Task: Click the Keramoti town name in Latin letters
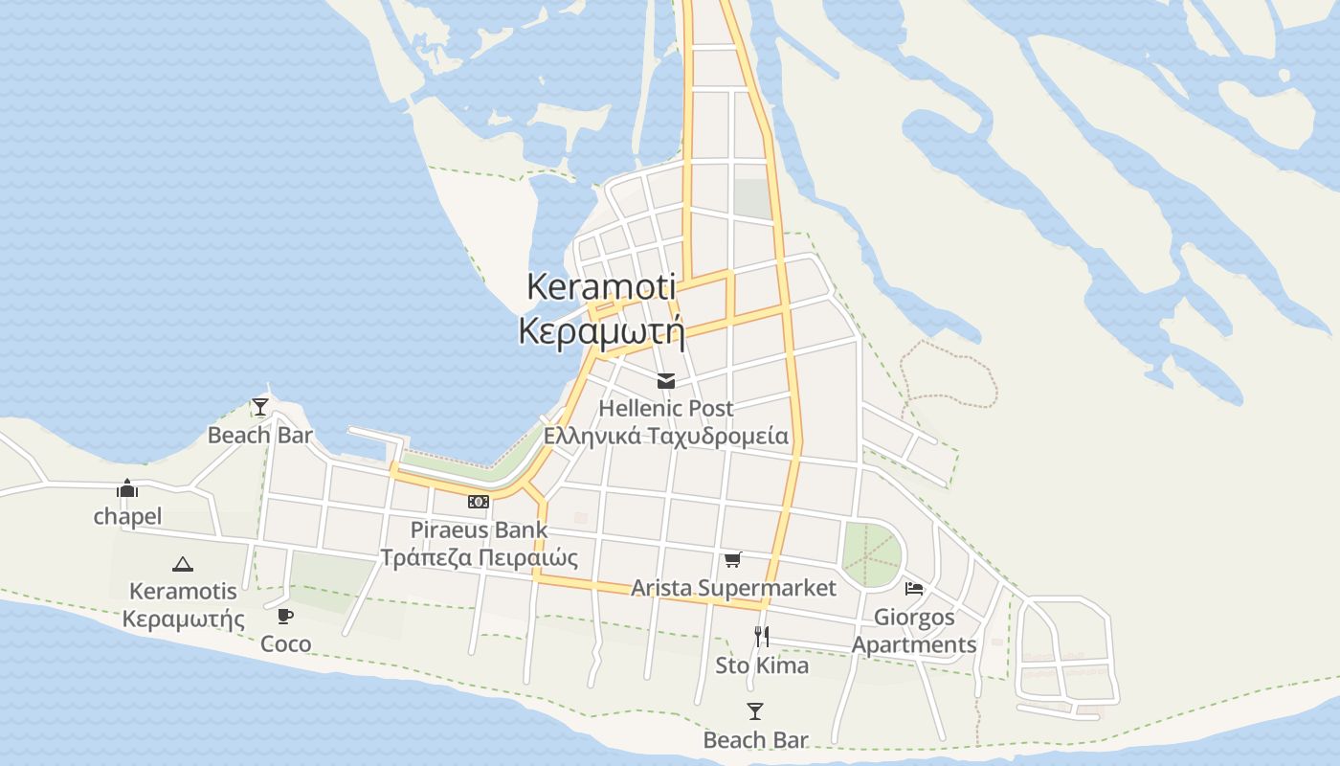(601, 286)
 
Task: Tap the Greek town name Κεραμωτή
(601, 330)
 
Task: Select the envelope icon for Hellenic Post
(666, 381)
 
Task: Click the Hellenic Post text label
(666, 408)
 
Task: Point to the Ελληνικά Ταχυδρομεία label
(666, 437)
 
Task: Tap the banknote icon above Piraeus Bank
(479, 502)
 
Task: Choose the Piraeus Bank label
(479, 529)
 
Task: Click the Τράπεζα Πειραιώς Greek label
(479, 557)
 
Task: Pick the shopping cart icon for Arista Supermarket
(732, 559)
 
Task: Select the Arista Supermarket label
(733, 588)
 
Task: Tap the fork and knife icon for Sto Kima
(762, 637)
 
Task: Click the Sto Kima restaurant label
(762, 665)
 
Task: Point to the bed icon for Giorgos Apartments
(914, 588)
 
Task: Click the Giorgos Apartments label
(914, 631)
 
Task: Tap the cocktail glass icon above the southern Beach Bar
(755, 711)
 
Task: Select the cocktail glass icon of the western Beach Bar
(259, 407)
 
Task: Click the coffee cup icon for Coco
(285, 616)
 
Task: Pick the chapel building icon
(127, 488)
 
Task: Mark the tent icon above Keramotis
(183, 564)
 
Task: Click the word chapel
(127, 517)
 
